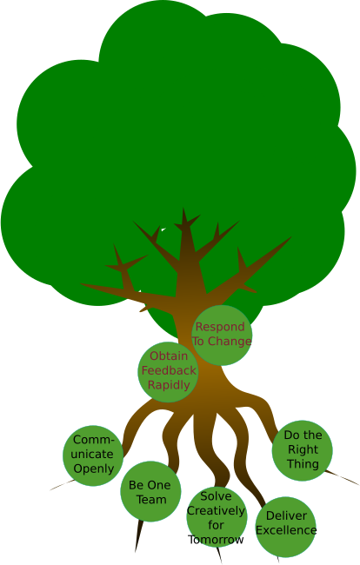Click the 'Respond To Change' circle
click(x=222, y=336)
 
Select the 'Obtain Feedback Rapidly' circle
click(x=169, y=372)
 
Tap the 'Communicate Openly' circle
click(x=93, y=455)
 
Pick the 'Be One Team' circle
click(x=150, y=491)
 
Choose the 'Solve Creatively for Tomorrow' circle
click(x=217, y=516)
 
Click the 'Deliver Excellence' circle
click(x=286, y=527)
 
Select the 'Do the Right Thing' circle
click(x=302, y=450)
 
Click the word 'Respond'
click(x=220, y=327)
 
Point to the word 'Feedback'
click(x=169, y=370)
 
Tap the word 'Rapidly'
click(x=169, y=385)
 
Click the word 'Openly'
click(x=94, y=469)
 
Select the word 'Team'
click(x=151, y=500)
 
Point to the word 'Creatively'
click(x=216, y=511)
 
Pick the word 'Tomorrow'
click(x=216, y=540)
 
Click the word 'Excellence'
click(x=286, y=530)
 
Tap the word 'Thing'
click(x=303, y=464)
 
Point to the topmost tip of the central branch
click(x=183, y=208)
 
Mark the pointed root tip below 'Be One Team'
click(x=136, y=551)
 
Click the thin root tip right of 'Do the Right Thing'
click(x=358, y=485)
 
